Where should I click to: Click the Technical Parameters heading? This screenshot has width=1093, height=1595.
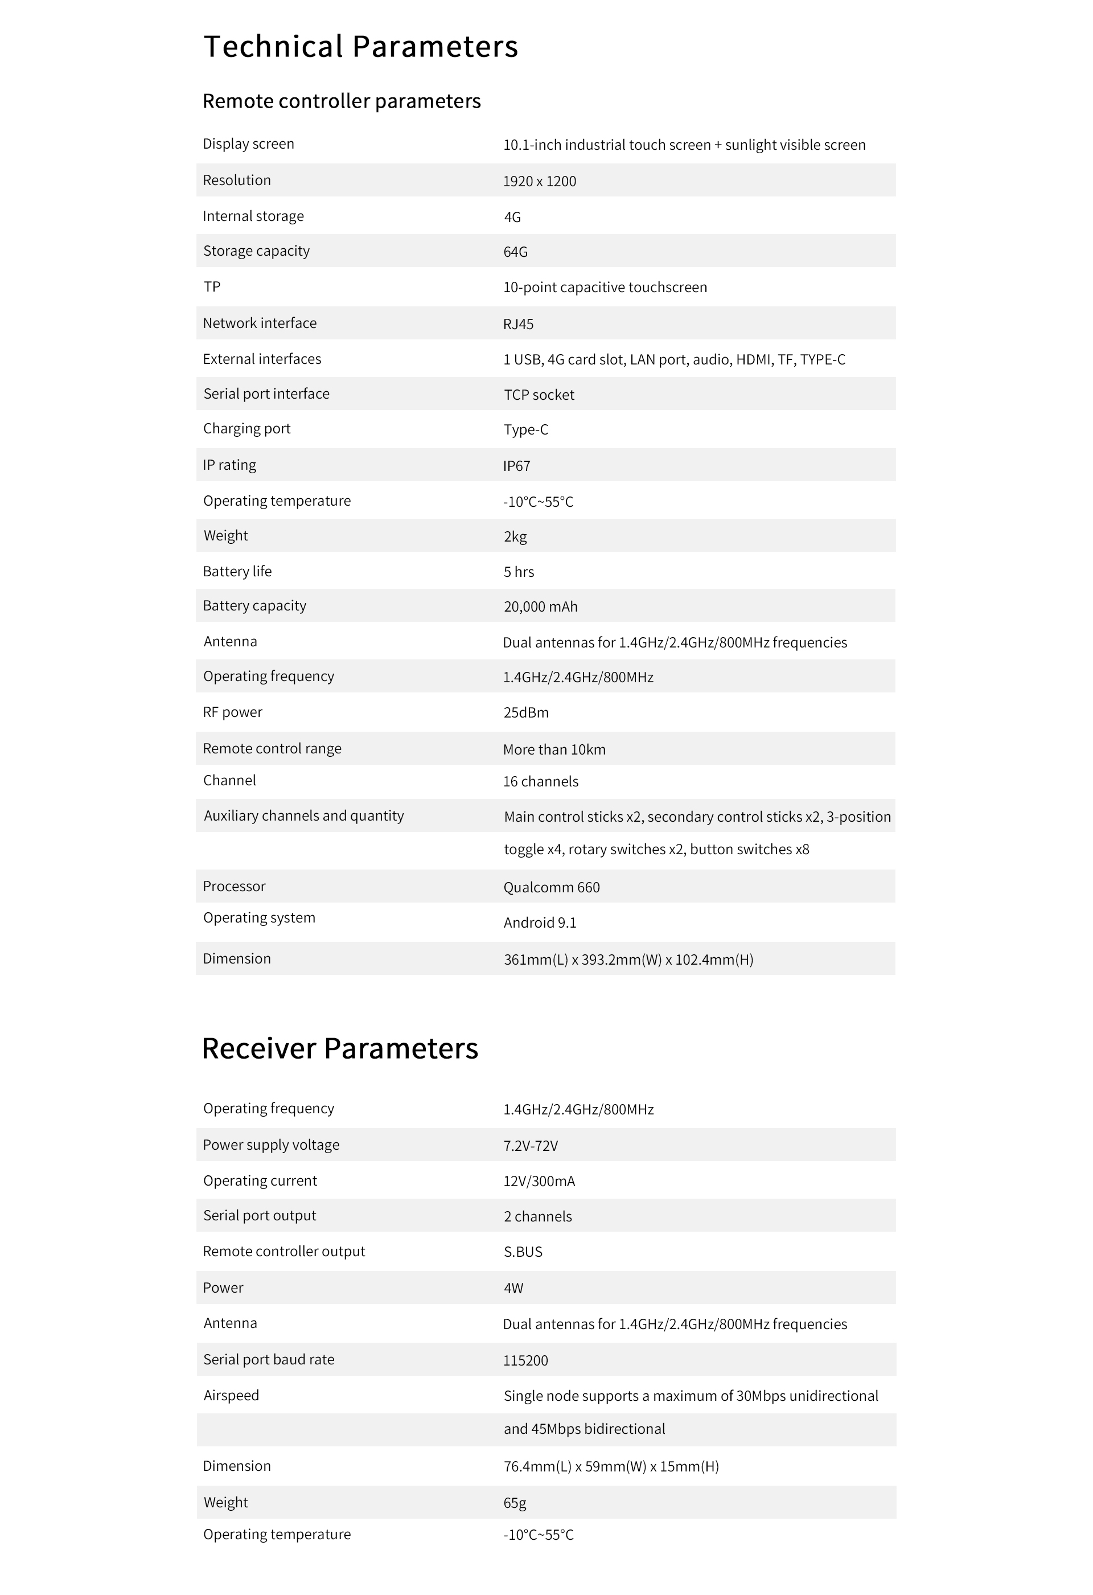coord(360,47)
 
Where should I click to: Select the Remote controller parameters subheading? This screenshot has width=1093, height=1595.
coord(341,101)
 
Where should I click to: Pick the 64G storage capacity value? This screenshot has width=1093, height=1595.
coord(515,252)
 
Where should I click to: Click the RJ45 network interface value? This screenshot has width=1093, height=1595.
coord(518,324)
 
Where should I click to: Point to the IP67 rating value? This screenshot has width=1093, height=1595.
coord(517,466)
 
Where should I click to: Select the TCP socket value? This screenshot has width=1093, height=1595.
coord(539,395)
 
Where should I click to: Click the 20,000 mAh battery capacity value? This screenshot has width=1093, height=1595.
coord(540,606)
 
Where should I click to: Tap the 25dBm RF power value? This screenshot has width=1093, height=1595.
coord(525,712)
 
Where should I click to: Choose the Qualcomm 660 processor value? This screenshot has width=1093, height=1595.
coord(551,887)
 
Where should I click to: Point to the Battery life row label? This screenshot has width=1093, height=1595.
coord(237,571)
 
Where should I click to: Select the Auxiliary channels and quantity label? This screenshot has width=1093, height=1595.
coord(303,815)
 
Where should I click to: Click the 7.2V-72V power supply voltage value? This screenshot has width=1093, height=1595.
coord(531,1146)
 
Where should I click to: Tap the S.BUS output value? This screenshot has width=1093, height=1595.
coord(523,1252)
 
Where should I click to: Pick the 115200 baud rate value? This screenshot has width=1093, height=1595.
coord(525,1360)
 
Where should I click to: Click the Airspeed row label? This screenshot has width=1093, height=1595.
coord(231,1395)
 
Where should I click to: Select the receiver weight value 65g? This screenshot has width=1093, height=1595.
coord(515,1503)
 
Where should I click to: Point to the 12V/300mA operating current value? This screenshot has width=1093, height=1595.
coord(539,1181)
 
